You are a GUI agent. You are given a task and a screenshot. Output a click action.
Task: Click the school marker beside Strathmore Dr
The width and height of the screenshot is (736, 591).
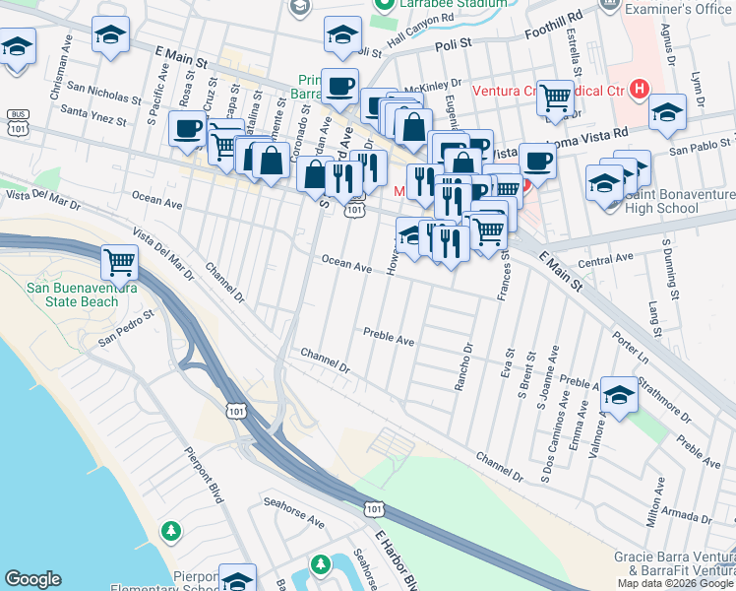pyautogui.click(x=619, y=396)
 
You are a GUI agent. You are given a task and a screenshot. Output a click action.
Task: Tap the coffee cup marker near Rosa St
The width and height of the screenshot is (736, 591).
pyautogui.click(x=186, y=128)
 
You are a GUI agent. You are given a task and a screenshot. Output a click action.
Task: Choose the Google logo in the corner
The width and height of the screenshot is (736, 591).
pyautogui.click(x=33, y=578)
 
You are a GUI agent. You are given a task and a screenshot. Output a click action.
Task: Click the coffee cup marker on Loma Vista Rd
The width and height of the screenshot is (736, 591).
pyautogui.click(x=537, y=161)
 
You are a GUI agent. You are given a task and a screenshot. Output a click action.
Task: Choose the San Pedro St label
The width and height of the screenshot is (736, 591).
pyautogui.click(x=128, y=329)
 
